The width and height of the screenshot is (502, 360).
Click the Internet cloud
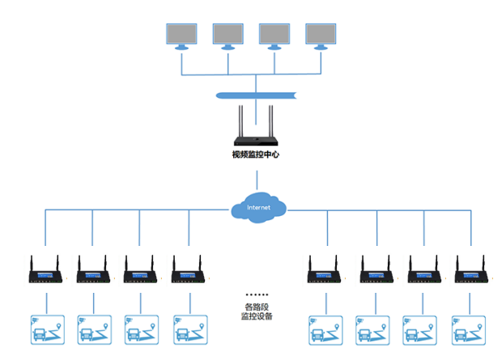tap(258, 208)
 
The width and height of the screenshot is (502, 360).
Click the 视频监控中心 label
tap(255, 154)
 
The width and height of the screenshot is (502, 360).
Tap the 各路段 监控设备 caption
tap(257, 311)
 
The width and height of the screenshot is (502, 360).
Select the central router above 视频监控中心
tap(256, 129)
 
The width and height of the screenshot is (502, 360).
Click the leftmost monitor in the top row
tap(181, 35)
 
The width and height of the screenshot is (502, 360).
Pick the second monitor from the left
tap(228, 35)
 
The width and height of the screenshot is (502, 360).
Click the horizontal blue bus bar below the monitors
tap(256, 96)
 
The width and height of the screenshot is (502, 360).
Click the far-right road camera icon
tap(470, 328)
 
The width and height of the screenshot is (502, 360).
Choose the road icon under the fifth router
tap(325, 328)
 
